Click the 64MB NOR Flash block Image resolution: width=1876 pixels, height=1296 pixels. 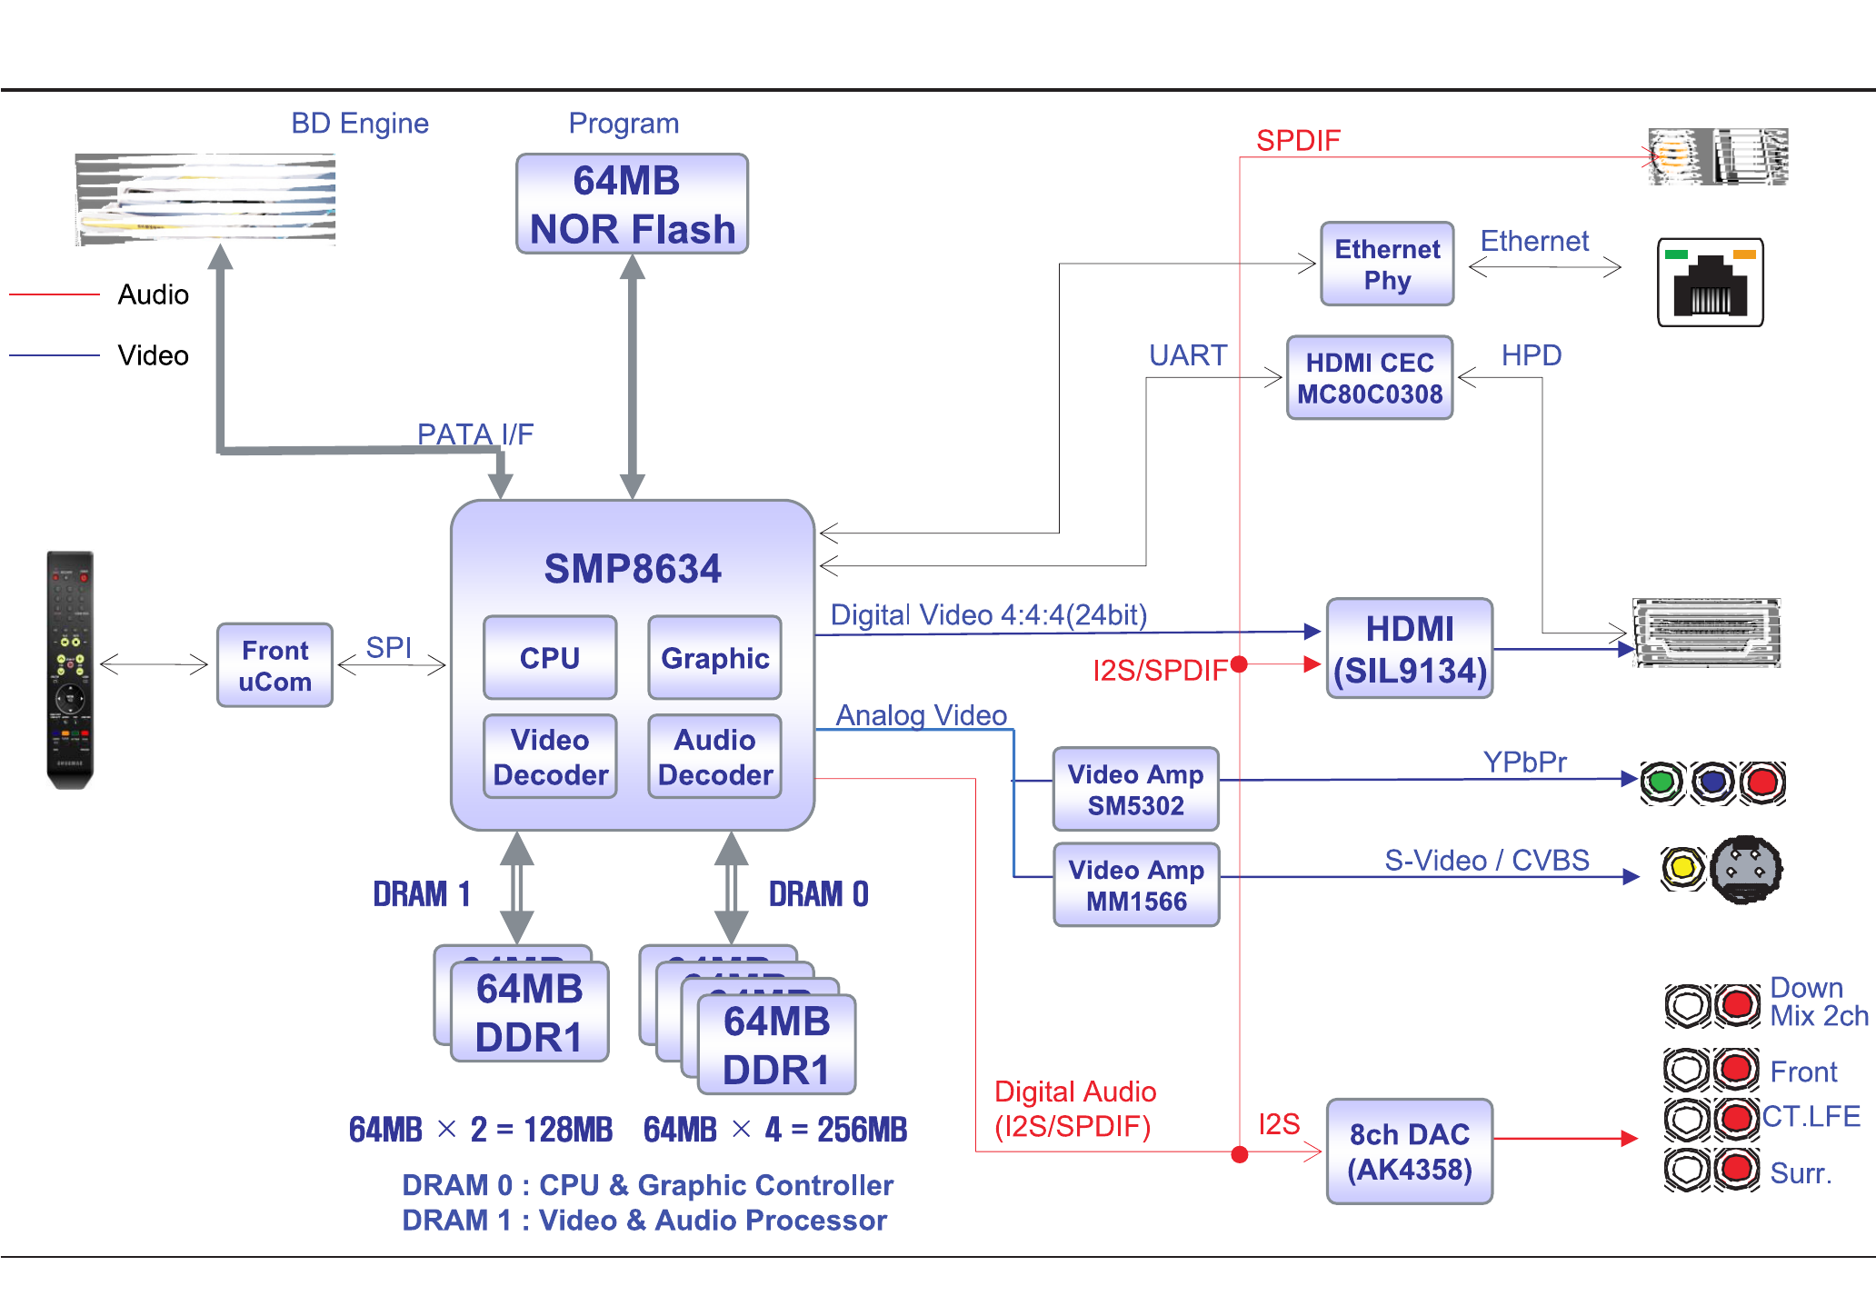tap(632, 204)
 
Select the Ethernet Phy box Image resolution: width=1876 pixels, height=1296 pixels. tap(1387, 264)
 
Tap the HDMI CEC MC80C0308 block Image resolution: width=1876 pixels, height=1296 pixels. tap(1370, 378)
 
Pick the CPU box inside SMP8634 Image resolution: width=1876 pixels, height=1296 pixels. tap(550, 658)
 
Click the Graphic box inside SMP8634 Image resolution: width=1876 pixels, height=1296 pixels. tap(715, 658)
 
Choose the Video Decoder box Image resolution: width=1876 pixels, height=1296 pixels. tap(550, 757)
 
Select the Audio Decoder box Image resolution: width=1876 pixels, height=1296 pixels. tap(715, 757)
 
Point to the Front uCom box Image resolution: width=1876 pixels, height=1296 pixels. tap(274, 665)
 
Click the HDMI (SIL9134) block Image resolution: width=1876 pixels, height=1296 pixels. tap(1410, 649)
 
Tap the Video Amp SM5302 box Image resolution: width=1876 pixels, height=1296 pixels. tap(1135, 789)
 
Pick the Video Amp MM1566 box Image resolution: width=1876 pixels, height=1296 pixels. tap(1136, 885)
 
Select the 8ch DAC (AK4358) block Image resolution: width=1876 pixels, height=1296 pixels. tap(1410, 1151)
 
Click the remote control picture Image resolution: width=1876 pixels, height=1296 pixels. tap(70, 670)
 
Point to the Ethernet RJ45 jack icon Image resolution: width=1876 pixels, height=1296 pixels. tap(1710, 283)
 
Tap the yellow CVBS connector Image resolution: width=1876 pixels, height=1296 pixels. tap(1682, 868)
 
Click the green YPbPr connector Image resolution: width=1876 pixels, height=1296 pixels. tap(1661, 782)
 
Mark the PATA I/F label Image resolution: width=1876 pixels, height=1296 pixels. tap(474, 434)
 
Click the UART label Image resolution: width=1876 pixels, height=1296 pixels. tap(1188, 355)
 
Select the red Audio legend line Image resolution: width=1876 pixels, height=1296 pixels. tap(54, 294)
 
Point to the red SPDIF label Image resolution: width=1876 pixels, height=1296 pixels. tap(1298, 141)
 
